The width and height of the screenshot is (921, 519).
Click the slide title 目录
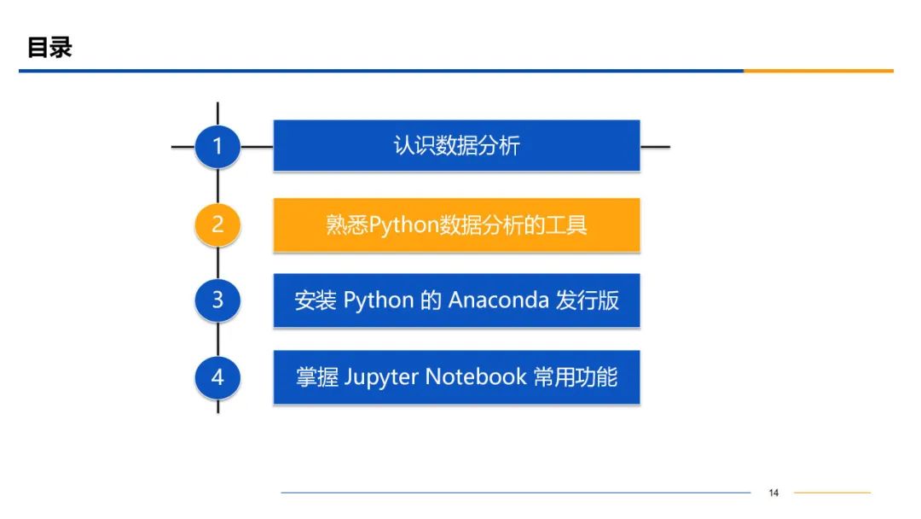49,47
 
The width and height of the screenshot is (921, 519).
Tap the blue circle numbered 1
217,146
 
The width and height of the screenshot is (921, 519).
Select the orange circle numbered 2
217,225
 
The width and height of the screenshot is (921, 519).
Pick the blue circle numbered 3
217,300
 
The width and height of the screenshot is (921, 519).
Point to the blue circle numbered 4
217,376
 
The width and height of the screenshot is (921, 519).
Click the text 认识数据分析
456,146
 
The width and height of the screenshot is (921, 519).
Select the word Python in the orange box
403,225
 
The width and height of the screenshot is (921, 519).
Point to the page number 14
773,493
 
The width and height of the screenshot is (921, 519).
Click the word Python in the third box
379,300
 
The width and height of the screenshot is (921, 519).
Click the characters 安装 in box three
316,300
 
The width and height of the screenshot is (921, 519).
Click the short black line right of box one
655,146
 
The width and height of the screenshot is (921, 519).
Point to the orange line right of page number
831,493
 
